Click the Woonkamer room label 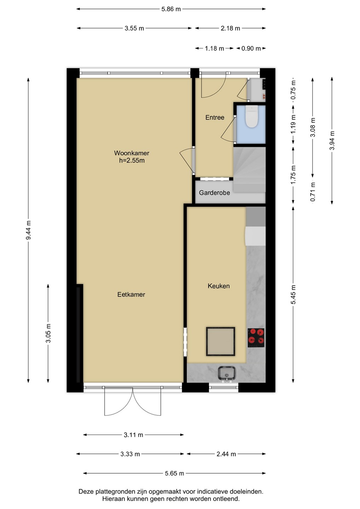tap(132, 153)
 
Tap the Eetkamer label tap(131, 294)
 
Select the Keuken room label tap(219, 286)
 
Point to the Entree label tap(215, 117)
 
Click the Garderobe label tap(214, 193)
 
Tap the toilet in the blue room tap(251, 117)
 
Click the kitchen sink tap(227, 373)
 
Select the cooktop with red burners tap(256, 338)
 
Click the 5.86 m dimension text tap(171, 9)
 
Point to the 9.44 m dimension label tap(28, 230)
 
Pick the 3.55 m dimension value tap(134, 28)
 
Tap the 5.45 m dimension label tap(294, 294)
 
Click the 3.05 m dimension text tap(48, 333)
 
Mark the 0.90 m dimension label tap(251, 48)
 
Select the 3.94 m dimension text tap(332, 140)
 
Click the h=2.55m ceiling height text tap(132, 160)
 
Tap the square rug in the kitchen tap(220, 341)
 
